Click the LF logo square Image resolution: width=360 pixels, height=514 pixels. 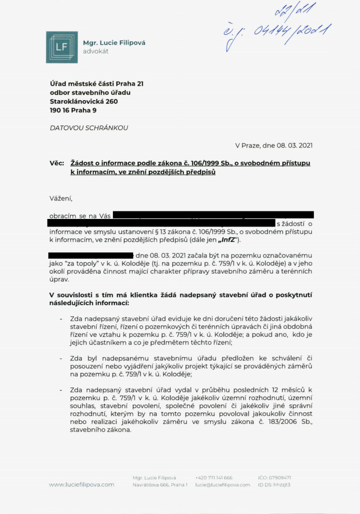coord(62,47)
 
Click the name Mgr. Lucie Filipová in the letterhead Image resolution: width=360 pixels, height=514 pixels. coord(114,43)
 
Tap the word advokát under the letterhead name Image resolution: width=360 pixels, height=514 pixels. coord(96,51)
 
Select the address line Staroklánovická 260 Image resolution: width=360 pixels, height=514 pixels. coord(83,102)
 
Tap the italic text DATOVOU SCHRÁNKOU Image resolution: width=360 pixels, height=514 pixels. coord(89,128)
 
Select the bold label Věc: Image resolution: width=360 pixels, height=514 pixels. coord(57,162)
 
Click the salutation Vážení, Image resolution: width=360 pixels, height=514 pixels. coord(60,198)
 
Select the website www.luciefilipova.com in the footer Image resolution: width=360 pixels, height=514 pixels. coord(81,485)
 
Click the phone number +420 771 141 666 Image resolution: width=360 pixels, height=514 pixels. coord(214,477)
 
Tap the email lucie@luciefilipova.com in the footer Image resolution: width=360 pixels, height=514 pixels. coord(223,485)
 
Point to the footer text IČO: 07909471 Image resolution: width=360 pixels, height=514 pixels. coord(274,477)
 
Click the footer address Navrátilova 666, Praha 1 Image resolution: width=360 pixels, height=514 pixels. coord(160,485)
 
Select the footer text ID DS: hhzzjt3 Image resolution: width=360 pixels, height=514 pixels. coord(274,485)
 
